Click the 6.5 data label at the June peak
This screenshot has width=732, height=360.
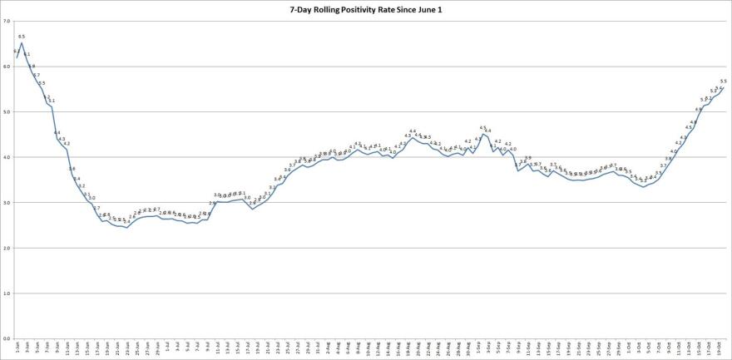click(x=22, y=37)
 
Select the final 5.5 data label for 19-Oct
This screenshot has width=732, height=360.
click(x=724, y=81)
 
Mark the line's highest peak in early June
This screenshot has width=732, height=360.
click(x=22, y=43)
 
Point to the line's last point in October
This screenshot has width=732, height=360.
click(x=724, y=88)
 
